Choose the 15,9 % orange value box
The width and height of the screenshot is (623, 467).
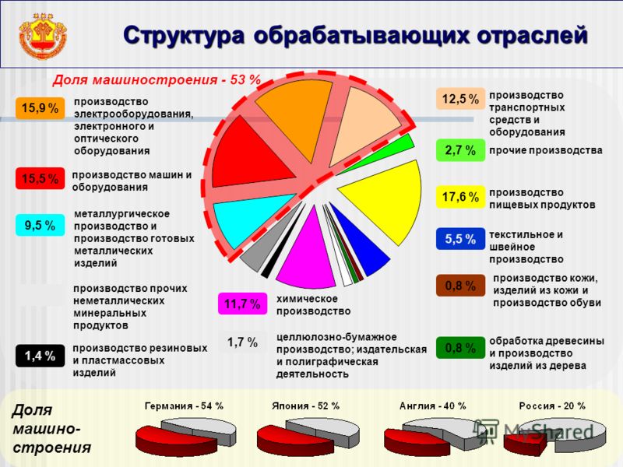click(x=40, y=108)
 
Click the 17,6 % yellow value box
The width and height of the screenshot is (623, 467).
click(x=460, y=197)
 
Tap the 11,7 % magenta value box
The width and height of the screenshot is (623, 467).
click(x=242, y=304)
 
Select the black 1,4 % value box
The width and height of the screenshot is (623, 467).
click(x=40, y=356)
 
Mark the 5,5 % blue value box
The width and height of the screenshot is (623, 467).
click(x=460, y=239)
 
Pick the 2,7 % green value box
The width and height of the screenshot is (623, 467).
click(x=460, y=150)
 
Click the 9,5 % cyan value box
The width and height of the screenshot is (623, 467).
click(x=40, y=226)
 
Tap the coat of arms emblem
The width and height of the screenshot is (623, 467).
click(x=43, y=37)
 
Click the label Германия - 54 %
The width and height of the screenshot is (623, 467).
click(x=184, y=406)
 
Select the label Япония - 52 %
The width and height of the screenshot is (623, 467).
click(x=305, y=406)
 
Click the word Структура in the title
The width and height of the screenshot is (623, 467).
click(x=183, y=36)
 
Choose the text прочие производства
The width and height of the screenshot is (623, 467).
click(x=546, y=150)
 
